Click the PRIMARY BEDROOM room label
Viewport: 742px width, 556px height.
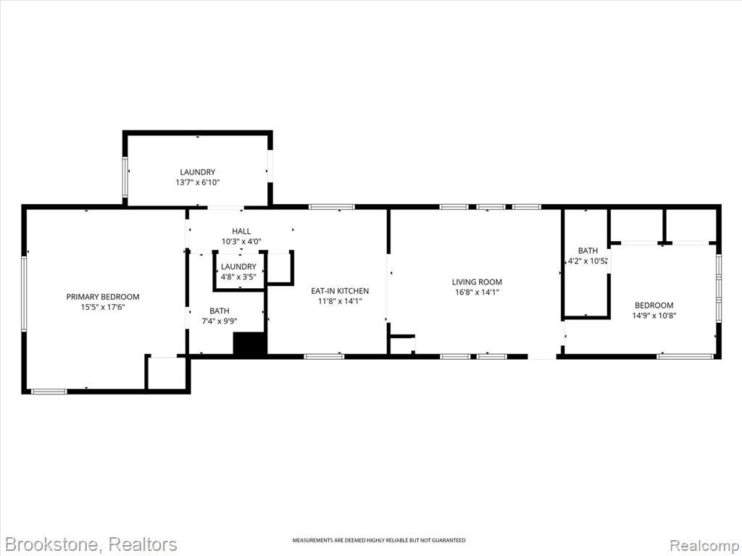click(103, 297)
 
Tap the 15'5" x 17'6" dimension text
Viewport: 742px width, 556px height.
click(103, 307)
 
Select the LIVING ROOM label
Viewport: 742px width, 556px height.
click(477, 282)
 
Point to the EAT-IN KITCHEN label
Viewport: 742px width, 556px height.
click(340, 291)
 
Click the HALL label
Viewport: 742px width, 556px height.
click(241, 231)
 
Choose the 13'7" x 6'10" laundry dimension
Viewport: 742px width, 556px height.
click(197, 182)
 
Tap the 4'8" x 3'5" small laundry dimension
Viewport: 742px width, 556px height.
click(238, 277)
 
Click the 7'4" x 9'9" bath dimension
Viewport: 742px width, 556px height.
click(220, 321)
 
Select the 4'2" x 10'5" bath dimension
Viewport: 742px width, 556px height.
click(587, 261)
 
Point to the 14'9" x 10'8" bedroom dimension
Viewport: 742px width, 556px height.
click(654, 316)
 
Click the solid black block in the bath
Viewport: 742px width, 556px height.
click(250, 343)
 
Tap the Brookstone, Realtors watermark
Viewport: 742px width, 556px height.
click(91, 544)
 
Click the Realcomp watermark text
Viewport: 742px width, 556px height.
click(704, 545)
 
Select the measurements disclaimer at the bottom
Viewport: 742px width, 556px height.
click(378, 540)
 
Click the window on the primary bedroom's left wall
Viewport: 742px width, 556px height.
click(24, 294)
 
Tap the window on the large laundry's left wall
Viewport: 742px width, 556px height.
click(125, 177)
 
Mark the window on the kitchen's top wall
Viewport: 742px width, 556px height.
click(332, 206)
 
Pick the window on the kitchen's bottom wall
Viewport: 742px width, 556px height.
click(324, 356)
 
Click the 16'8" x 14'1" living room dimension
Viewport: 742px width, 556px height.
click(477, 292)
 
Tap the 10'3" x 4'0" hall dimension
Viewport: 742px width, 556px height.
click(241, 242)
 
